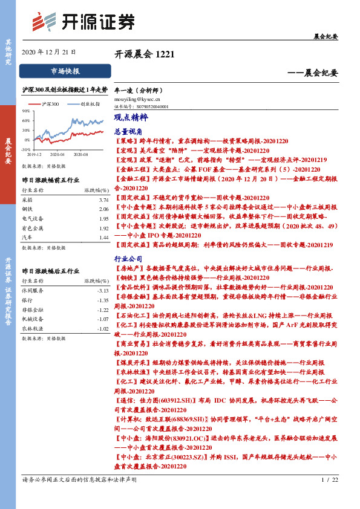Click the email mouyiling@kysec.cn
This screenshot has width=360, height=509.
[x=137, y=97]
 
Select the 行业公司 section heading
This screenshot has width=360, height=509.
[x=128, y=258]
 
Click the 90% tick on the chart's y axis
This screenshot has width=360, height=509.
[x=26, y=111]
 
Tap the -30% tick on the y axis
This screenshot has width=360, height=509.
[x=26, y=149]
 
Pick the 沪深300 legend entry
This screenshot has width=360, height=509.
[x=50, y=105]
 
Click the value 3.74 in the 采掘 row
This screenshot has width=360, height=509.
[x=103, y=199]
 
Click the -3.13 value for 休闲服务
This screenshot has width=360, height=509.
[x=102, y=290]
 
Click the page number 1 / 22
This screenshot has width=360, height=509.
[x=330, y=480]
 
